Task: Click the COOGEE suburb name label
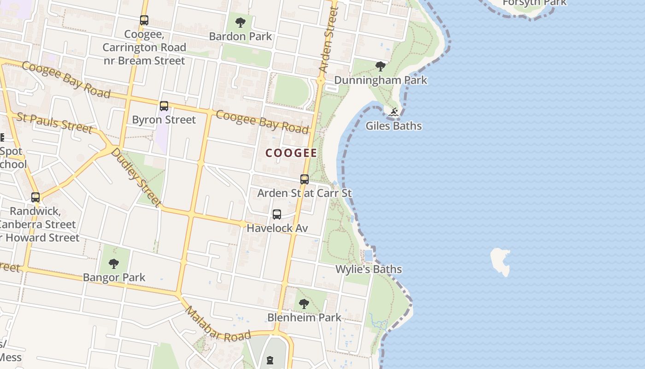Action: tap(291, 153)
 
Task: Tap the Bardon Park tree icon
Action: tap(240, 22)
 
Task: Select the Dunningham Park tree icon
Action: tap(380, 66)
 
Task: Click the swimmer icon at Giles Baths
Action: tap(393, 112)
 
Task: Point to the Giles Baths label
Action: tap(393, 125)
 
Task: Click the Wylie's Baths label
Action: tap(369, 269)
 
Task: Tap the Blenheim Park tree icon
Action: tap(304, 304)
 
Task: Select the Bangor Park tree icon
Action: tap(114, 264)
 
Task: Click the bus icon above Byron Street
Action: tap(164, 106)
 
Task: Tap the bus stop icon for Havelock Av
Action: tap(276, 214)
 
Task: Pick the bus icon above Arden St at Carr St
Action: tap(304, 179)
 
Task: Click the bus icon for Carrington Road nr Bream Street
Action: tap(144, 20)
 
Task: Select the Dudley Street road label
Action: tap(136, 177)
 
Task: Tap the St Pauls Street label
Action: tap(54, 122)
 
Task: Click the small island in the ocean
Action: tap(500, 261)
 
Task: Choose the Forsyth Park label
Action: tap(534, 3)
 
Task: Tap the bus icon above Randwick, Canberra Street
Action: tap(35, 197)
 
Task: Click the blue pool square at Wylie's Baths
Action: tap(368, 255)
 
